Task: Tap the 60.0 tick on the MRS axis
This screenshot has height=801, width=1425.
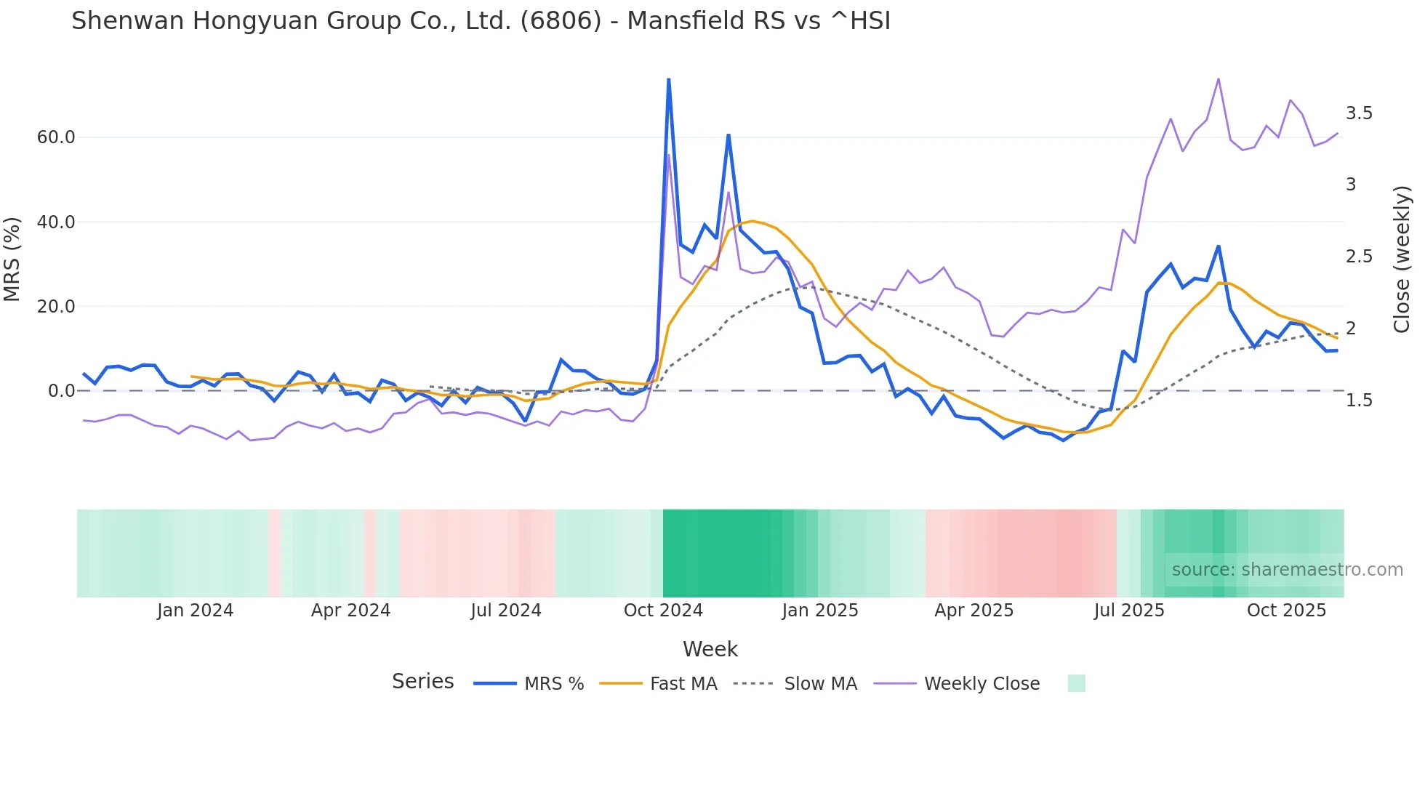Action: tap(56, 137)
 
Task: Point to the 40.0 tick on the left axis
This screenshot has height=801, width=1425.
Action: tap(56, 222)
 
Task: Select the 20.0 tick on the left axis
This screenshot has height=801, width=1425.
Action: tap(56, 307)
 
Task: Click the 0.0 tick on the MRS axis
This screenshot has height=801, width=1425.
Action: tap(61, 391)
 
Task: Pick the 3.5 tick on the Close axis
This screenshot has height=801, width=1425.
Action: tap(1359, 113)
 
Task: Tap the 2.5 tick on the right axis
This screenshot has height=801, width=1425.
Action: tap(1359, 257)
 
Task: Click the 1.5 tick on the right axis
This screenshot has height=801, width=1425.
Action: tap(1359, 400)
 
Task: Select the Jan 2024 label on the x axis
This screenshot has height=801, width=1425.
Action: tap(195, 611)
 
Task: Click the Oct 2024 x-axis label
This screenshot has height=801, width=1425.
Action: tap(663, 611)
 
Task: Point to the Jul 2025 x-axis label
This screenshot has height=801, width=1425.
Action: tap(1129, 611)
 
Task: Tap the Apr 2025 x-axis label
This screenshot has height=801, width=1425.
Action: tap(974, 611)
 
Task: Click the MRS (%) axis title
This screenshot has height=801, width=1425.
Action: tap(12, 259)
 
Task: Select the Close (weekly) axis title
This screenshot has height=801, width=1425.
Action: tap(1402, 259)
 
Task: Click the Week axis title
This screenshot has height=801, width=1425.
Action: tap(710, 649)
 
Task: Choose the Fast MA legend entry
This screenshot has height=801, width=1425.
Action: tap(683, 684)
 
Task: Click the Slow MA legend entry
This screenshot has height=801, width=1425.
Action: tap(820, 684)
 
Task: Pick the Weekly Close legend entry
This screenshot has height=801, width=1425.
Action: tap(982, 684)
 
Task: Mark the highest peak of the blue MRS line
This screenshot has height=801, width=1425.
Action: tap(668, 79)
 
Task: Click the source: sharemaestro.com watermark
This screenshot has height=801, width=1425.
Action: tap(1287, 570)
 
